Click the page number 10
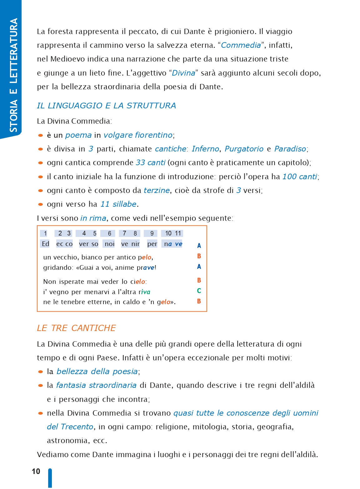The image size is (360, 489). click(x=36, y=471)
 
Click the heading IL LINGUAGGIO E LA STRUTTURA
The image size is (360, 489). click(x=106, y=106)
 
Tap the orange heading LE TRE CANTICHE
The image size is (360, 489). click(x=76, y=328)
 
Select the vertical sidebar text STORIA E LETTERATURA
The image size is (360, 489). click(x=13, y=75)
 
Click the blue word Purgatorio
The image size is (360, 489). click(x=244, y=149)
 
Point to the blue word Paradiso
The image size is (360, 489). click(x=290, y=149)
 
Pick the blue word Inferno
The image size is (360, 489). click(x=205, y=149)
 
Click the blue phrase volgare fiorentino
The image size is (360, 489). click(x=138, y=135)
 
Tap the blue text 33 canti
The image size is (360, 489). click(x=150, y=163)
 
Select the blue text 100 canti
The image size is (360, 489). click(x=300, y=177)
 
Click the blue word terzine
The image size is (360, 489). click(x=157, y=190)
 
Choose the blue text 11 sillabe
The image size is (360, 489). click(x=118, y=204)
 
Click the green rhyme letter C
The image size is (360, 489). click(x=199, y=291)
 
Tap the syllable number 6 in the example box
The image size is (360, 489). click(x=109, y=234)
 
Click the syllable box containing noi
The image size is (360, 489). click(x=109, y=244)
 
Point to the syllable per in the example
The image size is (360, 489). click(x=152, y=244)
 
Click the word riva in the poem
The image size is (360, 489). click(x=144, y=292)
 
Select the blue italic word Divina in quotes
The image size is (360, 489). click(x=183, y=73)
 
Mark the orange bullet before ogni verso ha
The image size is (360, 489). click(x=40, y=205)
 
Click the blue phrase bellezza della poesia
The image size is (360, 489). click(x=97, y=372)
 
